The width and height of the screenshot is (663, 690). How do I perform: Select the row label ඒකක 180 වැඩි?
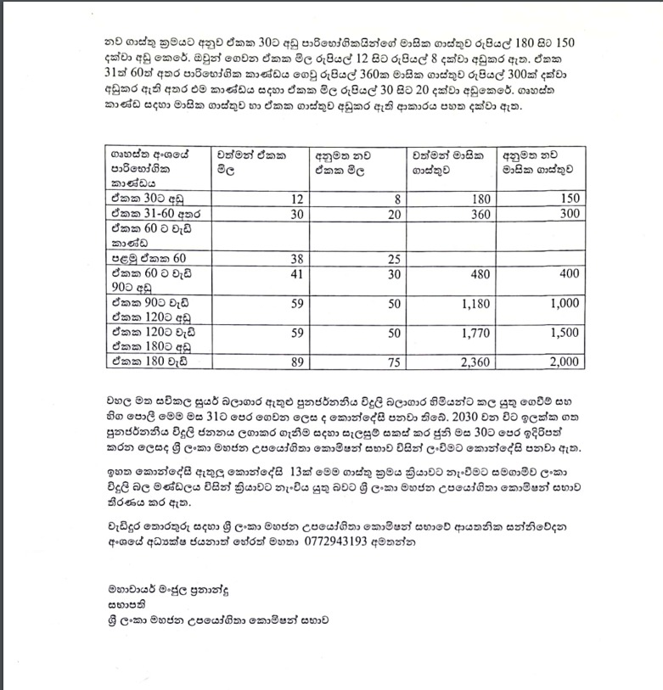pos(142,362)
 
